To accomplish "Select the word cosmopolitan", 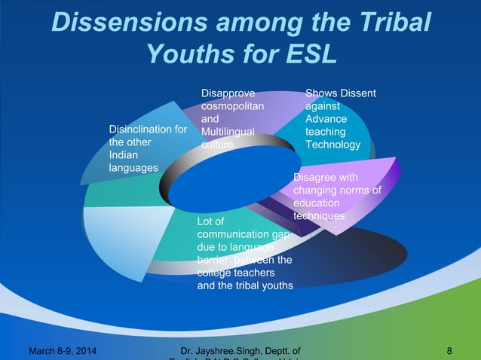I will (231, 106).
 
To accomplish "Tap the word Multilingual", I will (227, 132).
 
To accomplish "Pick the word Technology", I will (332, 145).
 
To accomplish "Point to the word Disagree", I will (315, 177).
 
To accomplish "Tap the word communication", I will (234, 234).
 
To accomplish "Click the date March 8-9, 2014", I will (66, 350).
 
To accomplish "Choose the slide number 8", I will (449, 350).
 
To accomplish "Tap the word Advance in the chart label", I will (326, 119).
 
